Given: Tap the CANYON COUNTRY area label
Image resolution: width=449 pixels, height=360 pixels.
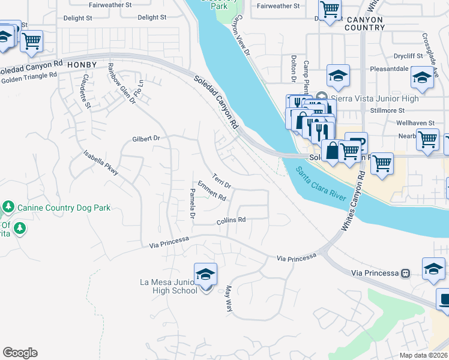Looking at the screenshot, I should [x=365, y=23].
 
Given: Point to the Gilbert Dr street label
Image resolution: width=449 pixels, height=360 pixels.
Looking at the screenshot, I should [x=146, y=139].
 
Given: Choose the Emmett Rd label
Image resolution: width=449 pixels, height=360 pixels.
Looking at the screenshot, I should [x=211, y=191].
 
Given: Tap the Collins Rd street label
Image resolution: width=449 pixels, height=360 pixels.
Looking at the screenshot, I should [x=232, y=220].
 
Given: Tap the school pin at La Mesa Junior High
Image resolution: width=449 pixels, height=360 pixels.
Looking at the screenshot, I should [x=205, y=275].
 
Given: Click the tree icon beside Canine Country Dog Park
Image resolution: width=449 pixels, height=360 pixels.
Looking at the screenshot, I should [x=8, y=208].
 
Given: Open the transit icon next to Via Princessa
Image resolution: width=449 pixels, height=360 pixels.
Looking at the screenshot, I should [x=405, y=273].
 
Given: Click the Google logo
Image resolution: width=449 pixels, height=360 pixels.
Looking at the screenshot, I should [x=20, y=353].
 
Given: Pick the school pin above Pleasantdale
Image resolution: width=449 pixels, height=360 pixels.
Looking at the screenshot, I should [x=338, y=76].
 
